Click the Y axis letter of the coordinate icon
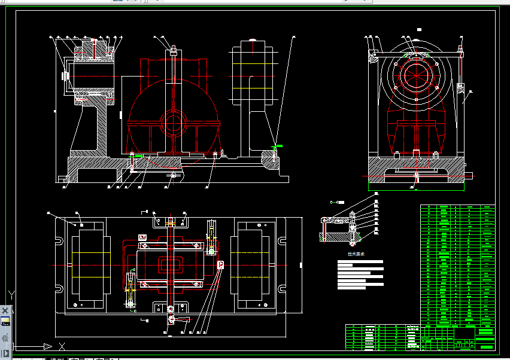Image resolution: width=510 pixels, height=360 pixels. [x=11, y=294]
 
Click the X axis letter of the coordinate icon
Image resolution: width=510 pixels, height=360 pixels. [x=62, y=346]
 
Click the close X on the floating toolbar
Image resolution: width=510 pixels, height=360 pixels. [x=5, y=310]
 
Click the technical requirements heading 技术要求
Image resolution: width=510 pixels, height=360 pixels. [x=357, y=254]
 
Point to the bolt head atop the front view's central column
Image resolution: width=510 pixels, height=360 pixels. [x=173, y=51]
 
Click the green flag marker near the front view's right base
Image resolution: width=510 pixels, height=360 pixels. [x=278, y=146]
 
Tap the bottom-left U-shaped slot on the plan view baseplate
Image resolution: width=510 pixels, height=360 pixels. [x=60, y=288]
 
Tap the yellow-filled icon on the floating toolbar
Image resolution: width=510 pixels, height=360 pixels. [x=5, y=322]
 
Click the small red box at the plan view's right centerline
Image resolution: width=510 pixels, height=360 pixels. [x=221, y=264]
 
